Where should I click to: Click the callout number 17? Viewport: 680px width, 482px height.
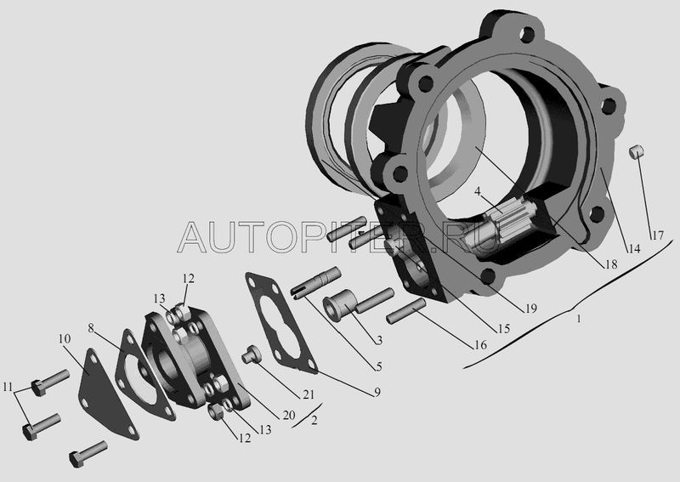pyautogui.click(x=657, y=235)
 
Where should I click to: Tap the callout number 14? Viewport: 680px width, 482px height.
pyautogui.click(x=634, y=248)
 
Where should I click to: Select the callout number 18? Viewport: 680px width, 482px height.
pyautogui.click(x=611, y=264)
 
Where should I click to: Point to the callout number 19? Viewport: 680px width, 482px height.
pyautogui.click(x=531, y=309)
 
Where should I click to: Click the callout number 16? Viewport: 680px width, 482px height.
pyautogui.click(x=480, y=345)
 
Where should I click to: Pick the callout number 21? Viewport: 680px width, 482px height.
pyautogui.click(x=309, y=394)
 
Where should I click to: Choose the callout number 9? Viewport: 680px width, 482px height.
pyautogui.click(x=377, y=392)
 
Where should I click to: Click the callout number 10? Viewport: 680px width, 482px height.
pyautogui.click(x=65, y=338)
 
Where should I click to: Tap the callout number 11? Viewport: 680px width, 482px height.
pyautogui.click(x=8, y=387)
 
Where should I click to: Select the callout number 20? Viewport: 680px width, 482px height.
pyautogui.click(x=289, y=415)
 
